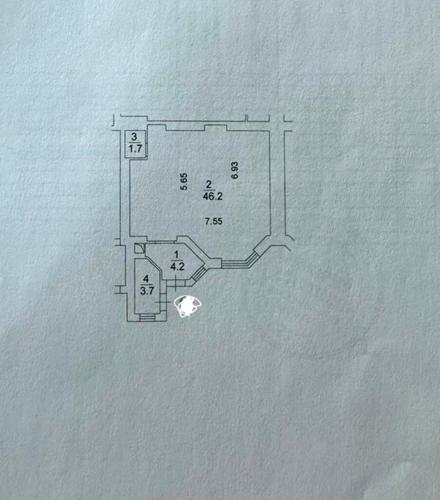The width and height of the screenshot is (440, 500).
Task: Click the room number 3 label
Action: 134,137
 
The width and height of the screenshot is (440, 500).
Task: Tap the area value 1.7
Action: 135,149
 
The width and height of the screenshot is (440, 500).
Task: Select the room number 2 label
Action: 209,184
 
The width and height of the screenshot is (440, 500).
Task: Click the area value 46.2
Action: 213,196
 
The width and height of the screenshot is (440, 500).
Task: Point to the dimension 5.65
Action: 184,182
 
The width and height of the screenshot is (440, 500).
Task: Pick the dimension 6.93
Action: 235,170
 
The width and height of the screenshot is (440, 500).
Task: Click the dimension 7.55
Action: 213,221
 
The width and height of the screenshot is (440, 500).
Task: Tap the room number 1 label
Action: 177,255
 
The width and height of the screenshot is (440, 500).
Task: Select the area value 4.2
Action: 177,267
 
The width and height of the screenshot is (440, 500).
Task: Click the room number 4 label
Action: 146,279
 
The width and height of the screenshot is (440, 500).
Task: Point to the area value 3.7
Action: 147,291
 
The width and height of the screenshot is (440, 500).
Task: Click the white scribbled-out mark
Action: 188,306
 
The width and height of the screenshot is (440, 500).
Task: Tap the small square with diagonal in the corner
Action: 139,248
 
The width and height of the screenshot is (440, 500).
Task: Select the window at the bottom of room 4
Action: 147,317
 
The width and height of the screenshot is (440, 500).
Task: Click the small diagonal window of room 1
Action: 198,273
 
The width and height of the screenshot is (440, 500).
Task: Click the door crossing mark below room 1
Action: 175,283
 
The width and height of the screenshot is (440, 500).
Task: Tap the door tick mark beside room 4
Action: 162,302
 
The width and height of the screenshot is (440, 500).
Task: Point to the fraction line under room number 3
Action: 135,143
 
